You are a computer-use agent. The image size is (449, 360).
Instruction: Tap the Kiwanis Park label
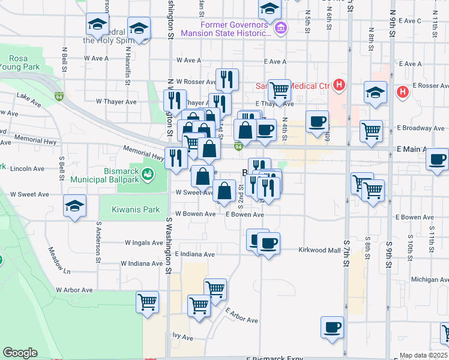coord(136,210)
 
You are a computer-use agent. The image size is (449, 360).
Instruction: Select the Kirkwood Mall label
coord(320,250)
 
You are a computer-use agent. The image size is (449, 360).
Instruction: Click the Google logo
coord(20,353)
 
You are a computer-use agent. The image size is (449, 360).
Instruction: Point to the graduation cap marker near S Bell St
coord(74,206)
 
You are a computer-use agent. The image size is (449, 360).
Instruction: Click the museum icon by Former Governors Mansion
coord(280,28)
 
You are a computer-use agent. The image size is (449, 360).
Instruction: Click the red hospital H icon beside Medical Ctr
coord(339,85)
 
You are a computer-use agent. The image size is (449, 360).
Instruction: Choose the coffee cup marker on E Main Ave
coord(437,159)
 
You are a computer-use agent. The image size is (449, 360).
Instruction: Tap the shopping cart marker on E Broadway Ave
coord(372,129)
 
